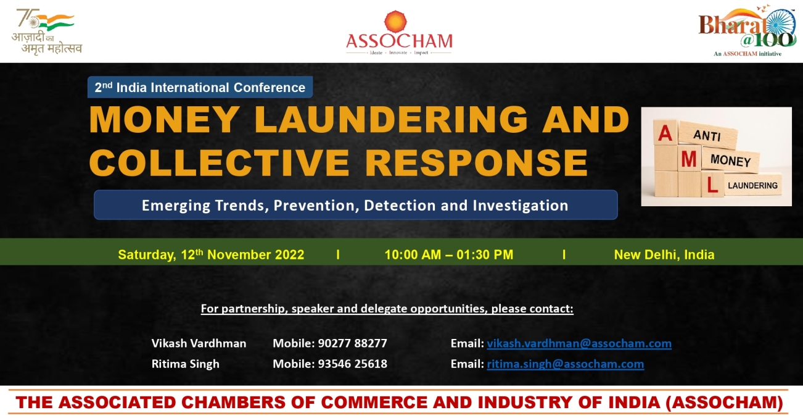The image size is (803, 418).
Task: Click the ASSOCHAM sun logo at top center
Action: pyautogui.click(x=395, y=22)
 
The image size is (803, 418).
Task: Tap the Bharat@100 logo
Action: pyautogui.click(x=747, y=30)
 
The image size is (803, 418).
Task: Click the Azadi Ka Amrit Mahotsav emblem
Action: pyautogui.click(x=47, y=32)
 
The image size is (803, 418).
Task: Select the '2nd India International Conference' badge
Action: pyautogui.click(x=200, y=87)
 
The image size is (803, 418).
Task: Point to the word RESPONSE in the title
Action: pyautogui.click(x=476, y=162)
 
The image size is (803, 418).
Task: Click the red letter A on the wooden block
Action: pyautogui.click(x=665, y=133)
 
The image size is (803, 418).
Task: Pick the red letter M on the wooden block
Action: pyautogui.click(x=689, y=159)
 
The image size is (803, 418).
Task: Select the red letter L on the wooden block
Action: pyautogui.click(x=712, y=185)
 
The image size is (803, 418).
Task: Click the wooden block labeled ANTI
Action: pyautogui.click(x=707, y=135)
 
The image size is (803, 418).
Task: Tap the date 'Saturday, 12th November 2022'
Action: pyautogui.click(x=211, y=254)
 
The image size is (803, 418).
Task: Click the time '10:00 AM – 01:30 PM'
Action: pyautogui.click(x=449, y=255)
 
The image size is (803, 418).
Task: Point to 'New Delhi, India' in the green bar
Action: pyautogui.click(x=664, y=255)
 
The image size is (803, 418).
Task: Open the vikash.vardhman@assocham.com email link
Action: pyautogui.click(x=579, y=343)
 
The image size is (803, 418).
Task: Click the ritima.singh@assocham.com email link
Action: pyautogui.click(x=566, y=364)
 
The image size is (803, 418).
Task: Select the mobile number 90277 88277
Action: pyautogui.click(x=352, y=343)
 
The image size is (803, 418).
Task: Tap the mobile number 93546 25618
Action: pyautogui.click(x=352, y=364)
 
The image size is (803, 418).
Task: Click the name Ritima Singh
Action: pyautogui.click(x=186, y=364)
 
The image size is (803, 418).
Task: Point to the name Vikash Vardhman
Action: pyautogui.click(x=199, y=343)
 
